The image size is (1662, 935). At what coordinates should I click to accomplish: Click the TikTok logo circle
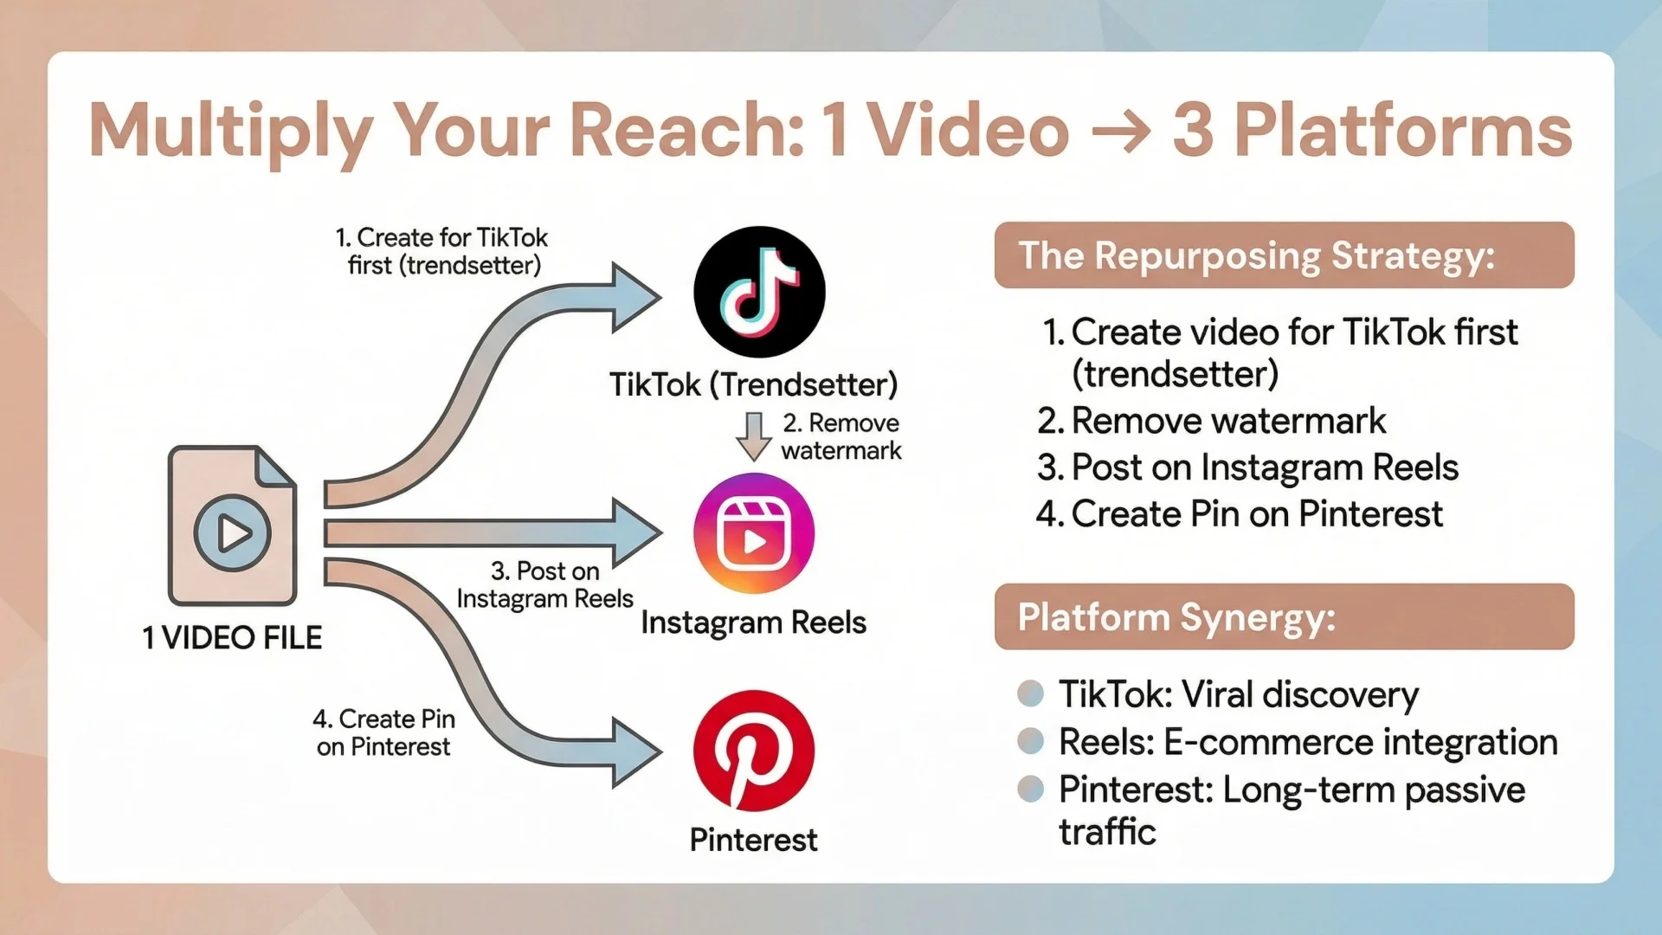click(759, 292)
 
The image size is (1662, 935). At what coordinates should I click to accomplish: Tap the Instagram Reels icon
click(754, 533)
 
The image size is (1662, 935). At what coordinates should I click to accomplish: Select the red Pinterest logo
click(754, 751)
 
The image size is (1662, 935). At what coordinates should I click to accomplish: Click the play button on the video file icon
click(232, 532)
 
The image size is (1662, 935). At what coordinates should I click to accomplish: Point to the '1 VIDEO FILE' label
click(232, 638)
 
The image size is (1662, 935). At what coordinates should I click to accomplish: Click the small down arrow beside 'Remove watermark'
click(754, 436)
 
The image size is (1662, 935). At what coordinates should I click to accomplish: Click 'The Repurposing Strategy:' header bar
click(1284, 255)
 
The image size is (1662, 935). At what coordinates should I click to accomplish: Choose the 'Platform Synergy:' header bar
click(1284, 616)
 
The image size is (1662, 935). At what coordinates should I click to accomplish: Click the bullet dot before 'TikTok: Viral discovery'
click(1030, 693)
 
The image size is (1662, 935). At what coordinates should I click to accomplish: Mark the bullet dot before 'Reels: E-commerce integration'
click(1030, 741)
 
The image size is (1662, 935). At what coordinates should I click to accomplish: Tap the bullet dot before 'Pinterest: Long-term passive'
click(1030, 789)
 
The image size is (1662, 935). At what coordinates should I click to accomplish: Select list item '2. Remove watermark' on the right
click(1211, 421)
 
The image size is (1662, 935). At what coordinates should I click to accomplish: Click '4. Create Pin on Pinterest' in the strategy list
click(1240, 514)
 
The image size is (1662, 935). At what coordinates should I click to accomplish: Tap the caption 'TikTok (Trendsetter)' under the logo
click(753, 384)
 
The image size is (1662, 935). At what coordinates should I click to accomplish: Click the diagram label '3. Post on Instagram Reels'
click(545, 584)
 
